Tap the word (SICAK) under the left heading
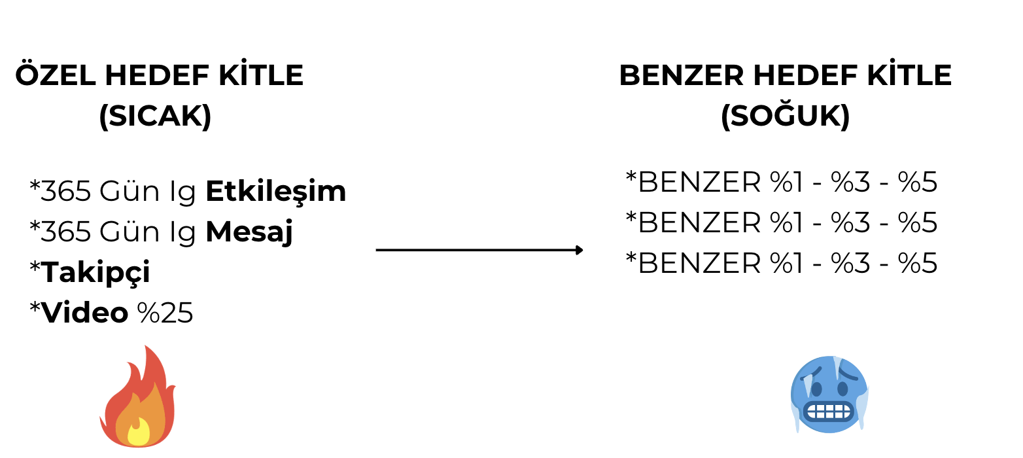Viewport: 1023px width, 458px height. [x=155, y=116]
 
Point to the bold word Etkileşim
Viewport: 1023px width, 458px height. [x=276, y=191]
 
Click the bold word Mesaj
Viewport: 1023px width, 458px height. [x=249, y=232]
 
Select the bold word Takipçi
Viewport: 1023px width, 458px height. [x=95, y=273]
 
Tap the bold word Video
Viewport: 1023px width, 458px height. [x=85, y=313]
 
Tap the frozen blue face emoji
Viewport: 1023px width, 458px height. [x=829, y=394]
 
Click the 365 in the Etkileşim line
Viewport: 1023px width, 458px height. [x=66, y=191]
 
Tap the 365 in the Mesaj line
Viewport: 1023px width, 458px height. [x=66, y=232]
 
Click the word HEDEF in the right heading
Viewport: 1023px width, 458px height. [x=805, y=75]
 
